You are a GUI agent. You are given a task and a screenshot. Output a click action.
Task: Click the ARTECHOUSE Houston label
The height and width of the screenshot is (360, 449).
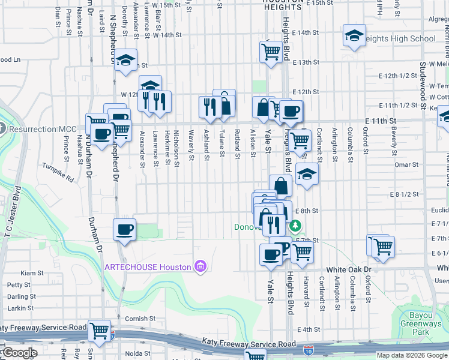coord(148,267)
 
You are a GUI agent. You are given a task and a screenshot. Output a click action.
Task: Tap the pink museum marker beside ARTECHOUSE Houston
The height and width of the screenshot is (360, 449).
coord(200,266)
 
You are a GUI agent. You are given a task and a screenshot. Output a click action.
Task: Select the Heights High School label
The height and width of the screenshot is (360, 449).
coord(400,39)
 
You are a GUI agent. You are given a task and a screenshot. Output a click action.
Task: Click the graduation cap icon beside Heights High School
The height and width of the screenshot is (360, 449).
coord(354,36)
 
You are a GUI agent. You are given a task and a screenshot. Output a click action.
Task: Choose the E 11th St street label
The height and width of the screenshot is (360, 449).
coord(380,121)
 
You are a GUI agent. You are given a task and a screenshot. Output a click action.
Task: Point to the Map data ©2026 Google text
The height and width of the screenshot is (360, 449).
coord(411,355)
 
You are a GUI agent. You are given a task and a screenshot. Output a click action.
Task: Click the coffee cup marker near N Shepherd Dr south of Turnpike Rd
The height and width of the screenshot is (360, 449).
coord(124,230)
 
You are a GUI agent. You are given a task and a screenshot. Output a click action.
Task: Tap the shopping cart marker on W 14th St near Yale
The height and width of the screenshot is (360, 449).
coord(271,52)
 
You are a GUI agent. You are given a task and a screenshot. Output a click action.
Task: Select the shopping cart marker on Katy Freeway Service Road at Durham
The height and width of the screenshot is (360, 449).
coord(99,331)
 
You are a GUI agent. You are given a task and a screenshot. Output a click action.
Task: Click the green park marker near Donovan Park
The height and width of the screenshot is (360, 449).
coord(295,226)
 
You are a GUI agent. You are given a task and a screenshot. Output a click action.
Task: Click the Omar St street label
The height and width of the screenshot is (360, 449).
coord(406,164)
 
